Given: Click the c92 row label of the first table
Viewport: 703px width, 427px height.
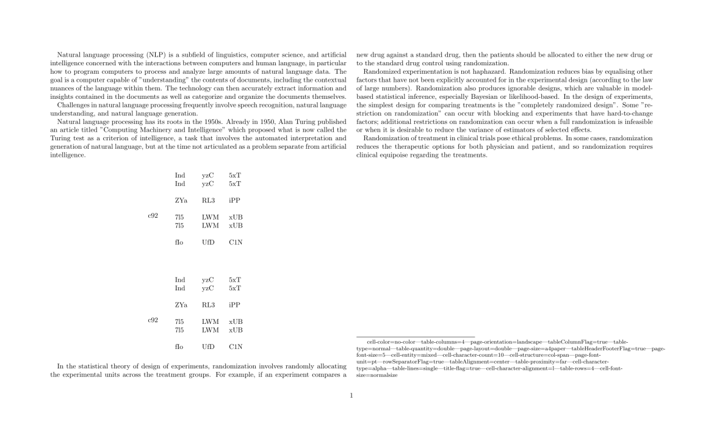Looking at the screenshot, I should pos(153,217).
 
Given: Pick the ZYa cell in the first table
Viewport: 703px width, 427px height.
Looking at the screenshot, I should pos(181,200).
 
